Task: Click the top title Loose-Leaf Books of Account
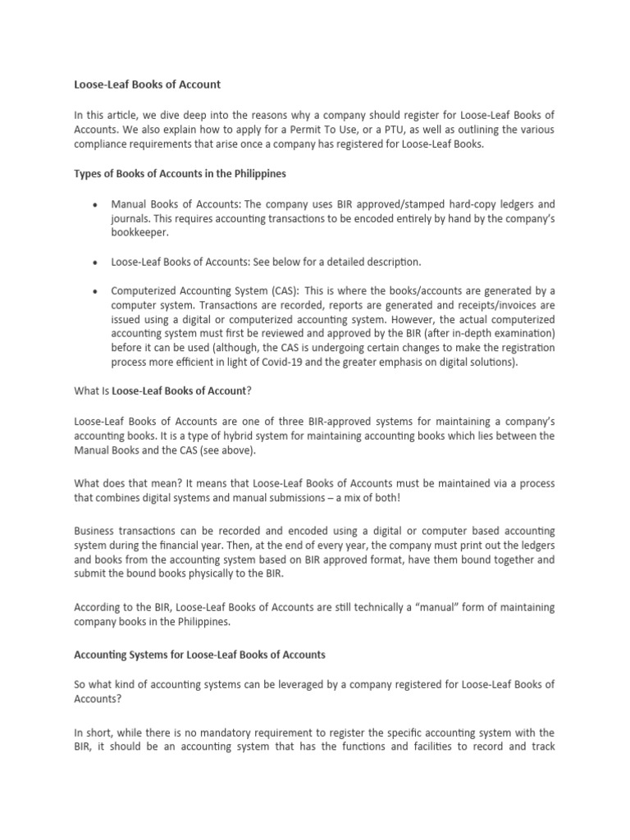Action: tap(148, 84)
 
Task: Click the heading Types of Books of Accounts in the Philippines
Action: tap(180, 174)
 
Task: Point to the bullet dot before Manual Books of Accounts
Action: tap(98, 203)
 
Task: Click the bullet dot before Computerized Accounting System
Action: tap(98, 291)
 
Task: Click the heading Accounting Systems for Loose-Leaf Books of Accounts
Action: tap(200, 655)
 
